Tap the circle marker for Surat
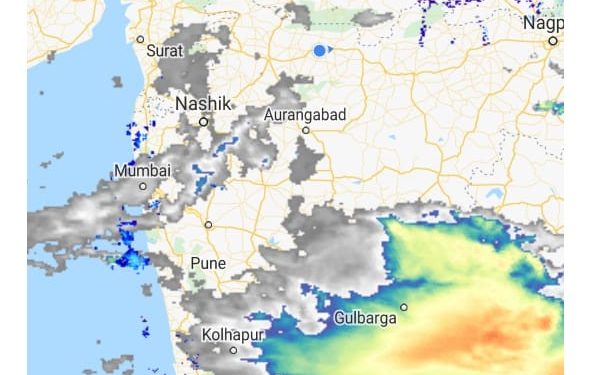coord(141,39)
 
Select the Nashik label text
coord(203,103)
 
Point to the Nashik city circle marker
coord(203,122)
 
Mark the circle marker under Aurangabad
coord(306,130)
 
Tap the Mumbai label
coord(142,171)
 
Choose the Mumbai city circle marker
coord(143,186)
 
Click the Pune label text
coord(208,263)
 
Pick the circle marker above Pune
coord(208,225)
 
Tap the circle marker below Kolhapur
coord(233,350)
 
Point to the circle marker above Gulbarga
coord(404,307)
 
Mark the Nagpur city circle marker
coord(553,41)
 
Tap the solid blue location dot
coord(319,50)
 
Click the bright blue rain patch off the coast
coord(131,259)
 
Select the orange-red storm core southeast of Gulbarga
coord(520,330)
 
